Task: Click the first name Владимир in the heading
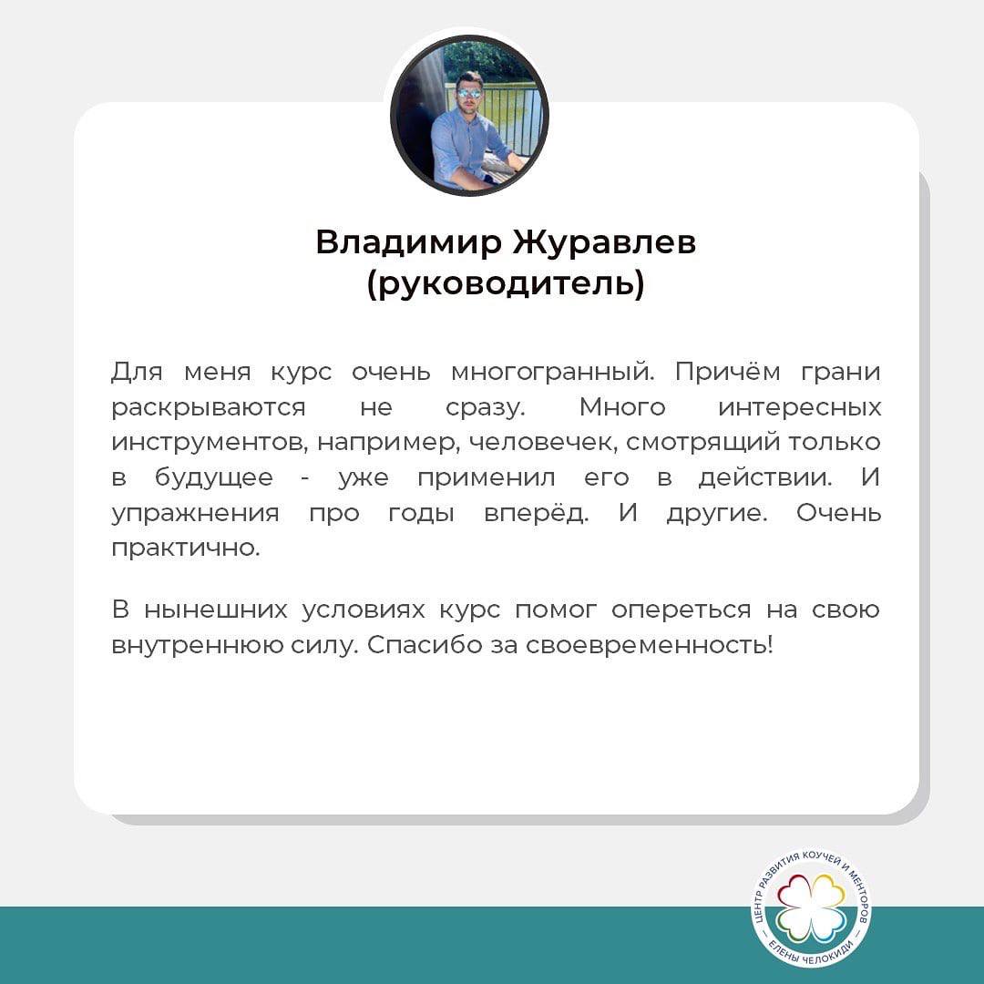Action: [408, 242]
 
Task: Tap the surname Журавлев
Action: [604, 242]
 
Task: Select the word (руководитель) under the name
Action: [506, 283]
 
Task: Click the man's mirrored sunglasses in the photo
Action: [468, 94]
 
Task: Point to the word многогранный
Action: [553, 373]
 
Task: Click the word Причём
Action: [727, 372]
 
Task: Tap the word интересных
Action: [800, 408]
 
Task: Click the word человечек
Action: [543, 443]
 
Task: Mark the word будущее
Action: [214, 478]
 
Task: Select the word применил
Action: [487, 479]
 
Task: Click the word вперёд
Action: [537, 513]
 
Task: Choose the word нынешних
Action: [215, 610]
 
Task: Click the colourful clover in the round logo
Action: [812, 908]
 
